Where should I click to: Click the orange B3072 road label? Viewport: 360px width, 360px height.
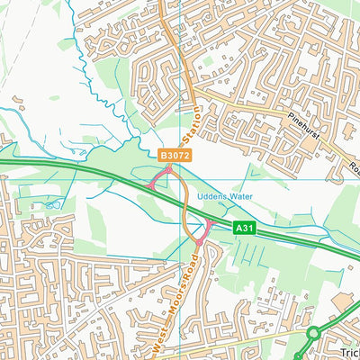[x=175, y=156]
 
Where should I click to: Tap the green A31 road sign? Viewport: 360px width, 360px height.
[x=245, y=229]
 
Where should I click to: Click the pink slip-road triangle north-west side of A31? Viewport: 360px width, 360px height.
[x=158, y=179]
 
